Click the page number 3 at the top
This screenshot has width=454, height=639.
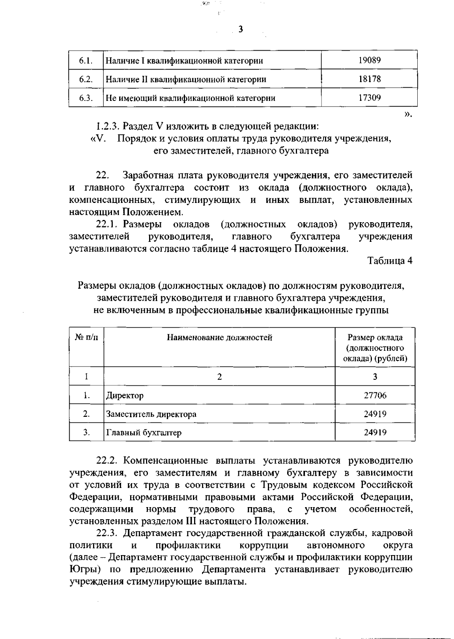[241, 29]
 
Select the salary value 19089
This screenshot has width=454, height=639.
[369, 60]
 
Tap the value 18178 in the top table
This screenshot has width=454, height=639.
[369, 79]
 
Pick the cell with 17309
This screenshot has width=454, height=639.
[369, 98]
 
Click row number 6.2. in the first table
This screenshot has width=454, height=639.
[86, 79]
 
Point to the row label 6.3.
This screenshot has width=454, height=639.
[86, 98]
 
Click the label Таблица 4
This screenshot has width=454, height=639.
[390, 261]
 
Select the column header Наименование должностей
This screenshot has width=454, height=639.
[219, 337]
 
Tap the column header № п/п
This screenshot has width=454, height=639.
[87, 337]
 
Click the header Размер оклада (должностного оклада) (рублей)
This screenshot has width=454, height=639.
[375, 348]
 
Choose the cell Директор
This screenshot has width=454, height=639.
[125, 396]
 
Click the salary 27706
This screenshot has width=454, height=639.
[375, 396]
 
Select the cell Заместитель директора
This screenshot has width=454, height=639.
[151, 414]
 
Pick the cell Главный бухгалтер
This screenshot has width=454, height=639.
[144, 433]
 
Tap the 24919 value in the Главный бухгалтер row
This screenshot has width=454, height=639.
[375, 433]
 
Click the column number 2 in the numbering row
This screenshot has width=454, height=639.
[219, 377]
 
